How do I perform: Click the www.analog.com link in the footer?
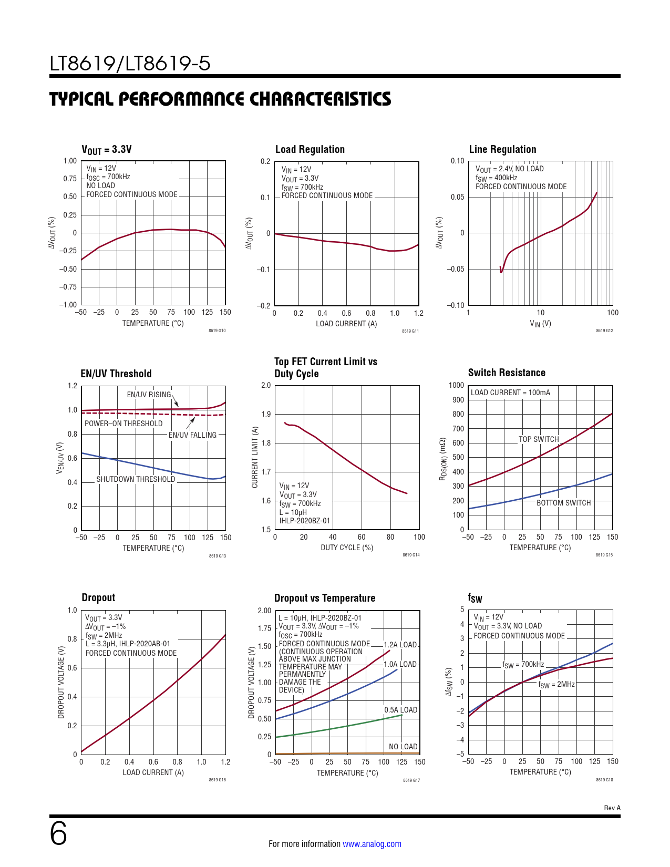point(372,844)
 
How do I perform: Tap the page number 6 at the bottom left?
point(58,834)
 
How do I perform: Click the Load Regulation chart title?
point(310,149)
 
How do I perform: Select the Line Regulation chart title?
point(502,149)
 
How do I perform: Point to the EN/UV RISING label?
point(149,395)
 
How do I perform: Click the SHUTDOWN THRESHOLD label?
point(136,479)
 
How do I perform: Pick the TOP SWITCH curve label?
point(539,439)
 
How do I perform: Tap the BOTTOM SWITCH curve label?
point(563,503)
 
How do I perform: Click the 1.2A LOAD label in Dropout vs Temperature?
point(400,645)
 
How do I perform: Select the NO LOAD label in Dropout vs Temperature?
point(403,747)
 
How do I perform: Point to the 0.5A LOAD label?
point(400,710)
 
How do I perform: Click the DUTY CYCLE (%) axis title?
point(347,548)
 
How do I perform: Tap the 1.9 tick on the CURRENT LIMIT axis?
point(266,414)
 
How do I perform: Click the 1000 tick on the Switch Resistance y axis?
point(456,385)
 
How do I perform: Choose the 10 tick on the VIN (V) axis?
point(540,313)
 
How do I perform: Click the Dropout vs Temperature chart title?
point(325,598)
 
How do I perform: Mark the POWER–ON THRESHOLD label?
point(123,424)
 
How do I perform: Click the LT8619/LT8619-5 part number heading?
point(130,64)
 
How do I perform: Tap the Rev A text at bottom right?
point(612,808)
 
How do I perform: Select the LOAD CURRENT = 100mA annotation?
point(510,393)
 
